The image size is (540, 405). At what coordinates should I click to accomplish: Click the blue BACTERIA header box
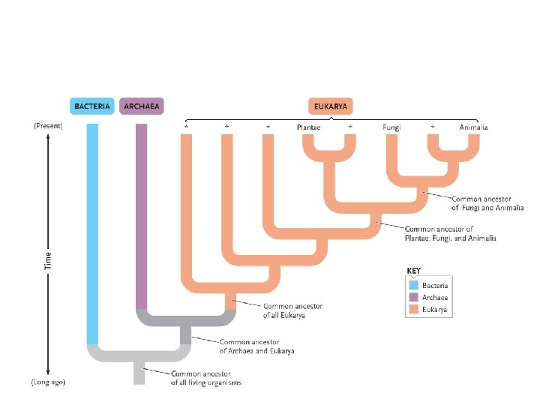point(92,106)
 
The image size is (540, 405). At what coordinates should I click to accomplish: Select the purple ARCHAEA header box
point(142,106)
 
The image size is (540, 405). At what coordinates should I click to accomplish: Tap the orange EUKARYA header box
point(331,106)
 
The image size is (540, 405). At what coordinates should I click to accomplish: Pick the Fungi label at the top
point(391,127)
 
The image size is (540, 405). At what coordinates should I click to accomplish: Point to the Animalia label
point(473,127)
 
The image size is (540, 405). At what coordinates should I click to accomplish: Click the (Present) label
point(48,126)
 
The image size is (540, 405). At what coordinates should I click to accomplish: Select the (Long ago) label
point(48,382)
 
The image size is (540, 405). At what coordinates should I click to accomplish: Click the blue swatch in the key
point(412,285)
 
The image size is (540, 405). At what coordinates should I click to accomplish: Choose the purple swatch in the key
point(412,297)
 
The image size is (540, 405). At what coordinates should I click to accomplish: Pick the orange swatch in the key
point(412,309)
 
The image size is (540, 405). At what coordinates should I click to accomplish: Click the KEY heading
point(413,270)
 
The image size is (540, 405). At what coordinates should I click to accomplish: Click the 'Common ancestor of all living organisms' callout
point(206,377)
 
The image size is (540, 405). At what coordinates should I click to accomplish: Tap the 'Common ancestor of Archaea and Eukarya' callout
point(256,346)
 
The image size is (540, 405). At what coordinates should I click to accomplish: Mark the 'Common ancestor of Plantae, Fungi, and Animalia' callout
point(450,233)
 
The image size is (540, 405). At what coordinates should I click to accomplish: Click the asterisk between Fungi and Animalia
point(433,128)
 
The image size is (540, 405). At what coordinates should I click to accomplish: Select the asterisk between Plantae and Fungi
point(350,128)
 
